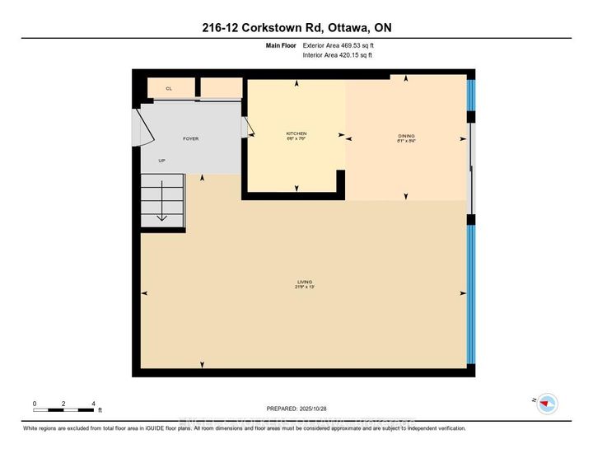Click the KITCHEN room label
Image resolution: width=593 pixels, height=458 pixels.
pos(296,133)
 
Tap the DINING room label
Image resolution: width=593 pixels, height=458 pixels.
pos(406,136)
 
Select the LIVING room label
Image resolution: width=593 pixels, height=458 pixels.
pos(301,283)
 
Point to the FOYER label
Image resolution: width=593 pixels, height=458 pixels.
pos(189,138)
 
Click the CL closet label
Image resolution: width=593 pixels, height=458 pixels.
pos(169,88)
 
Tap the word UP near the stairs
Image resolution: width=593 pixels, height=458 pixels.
pos(163,161)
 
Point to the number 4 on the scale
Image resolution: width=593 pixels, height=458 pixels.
pos(93,403)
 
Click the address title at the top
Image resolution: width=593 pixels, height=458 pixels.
pos(296,27)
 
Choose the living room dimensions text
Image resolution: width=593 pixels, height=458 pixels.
pos(301,288)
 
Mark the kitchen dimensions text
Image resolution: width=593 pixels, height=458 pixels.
pos(296,139)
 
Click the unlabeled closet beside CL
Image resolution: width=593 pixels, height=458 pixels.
pos(222,88)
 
